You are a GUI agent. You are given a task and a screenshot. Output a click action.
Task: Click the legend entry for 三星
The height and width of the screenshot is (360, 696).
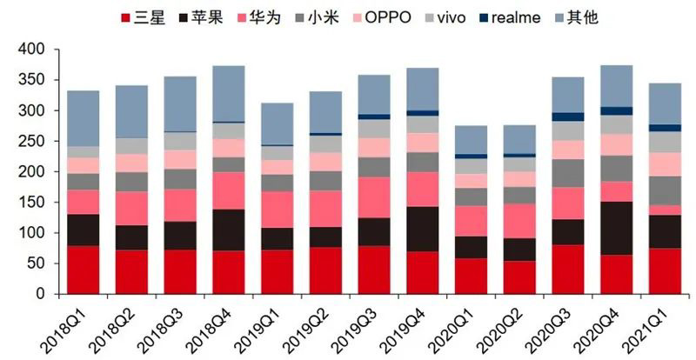pos(139,16)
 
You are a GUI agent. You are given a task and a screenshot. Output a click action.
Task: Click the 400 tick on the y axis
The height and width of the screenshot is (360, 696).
pos(31,50)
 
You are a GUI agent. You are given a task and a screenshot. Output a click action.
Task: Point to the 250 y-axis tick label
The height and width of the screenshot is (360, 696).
pos(31,142)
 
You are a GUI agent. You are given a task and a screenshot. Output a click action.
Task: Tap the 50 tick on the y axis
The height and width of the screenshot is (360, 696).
pos(36,264)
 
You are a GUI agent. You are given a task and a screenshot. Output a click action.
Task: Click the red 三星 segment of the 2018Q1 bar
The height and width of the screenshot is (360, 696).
pos(84,270)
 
